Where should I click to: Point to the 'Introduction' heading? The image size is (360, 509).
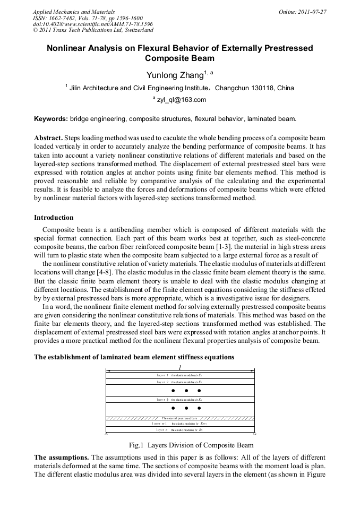[54, 218]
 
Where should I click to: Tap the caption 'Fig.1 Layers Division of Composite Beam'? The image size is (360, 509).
[192, 445]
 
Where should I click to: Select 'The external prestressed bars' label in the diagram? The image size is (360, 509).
[181, 418]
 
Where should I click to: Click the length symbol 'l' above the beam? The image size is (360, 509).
[181, 367]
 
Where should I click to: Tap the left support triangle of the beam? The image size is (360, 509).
[107, 434]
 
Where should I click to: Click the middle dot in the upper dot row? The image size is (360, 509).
[186, 390]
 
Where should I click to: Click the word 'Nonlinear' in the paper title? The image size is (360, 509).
[68, 48]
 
